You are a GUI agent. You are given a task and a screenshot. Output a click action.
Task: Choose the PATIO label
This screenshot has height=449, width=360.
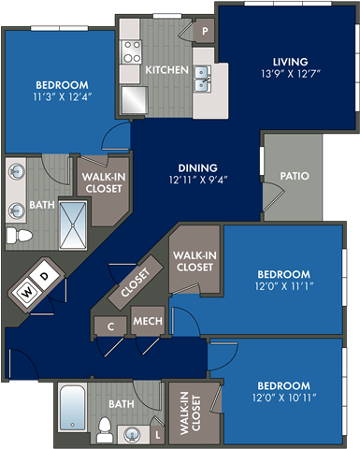(295, 176)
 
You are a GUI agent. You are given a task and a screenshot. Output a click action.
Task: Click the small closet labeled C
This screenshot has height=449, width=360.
(111, 326)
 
